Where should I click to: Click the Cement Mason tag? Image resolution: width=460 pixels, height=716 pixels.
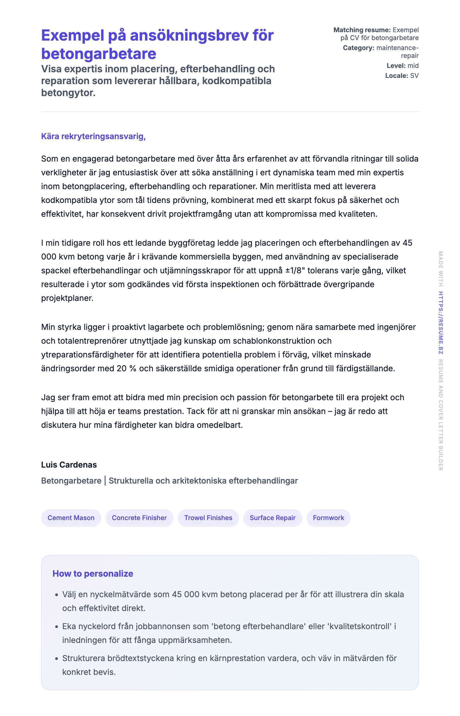71,518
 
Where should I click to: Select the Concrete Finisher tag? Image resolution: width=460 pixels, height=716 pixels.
139,518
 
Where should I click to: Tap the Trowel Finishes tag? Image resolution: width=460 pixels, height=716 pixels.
208,518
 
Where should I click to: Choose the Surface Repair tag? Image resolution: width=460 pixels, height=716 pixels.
272,518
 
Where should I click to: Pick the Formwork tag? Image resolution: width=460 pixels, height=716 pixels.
328,518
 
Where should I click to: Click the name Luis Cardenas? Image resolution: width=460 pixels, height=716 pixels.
69,465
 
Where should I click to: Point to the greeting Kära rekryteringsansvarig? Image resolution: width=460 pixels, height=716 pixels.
93,136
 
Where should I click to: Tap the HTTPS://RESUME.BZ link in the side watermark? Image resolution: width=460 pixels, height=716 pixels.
441,323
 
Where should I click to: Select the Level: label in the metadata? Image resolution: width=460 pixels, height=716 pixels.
396,66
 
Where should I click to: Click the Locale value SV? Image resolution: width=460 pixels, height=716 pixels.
414,75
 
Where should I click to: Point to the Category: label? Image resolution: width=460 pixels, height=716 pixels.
359,48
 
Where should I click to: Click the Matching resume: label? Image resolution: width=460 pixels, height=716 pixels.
362,30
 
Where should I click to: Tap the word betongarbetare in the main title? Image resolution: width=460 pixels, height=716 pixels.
98,54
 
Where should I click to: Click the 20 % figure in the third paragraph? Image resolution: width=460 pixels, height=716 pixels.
126,368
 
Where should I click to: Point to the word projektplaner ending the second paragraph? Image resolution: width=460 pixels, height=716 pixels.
67,298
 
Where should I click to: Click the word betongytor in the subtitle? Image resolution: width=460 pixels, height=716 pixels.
68,93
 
